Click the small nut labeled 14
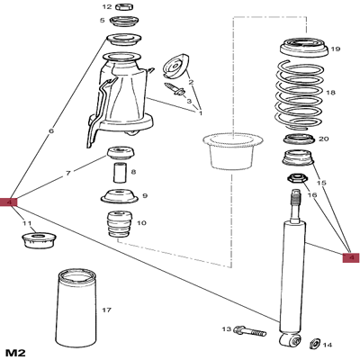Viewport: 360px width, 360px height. coord(315,343)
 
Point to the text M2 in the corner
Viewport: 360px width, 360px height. coord(13,350)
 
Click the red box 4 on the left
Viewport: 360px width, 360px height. coord(10,202)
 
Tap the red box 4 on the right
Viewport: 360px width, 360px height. coord(352,257)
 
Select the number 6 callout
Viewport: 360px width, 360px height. coord(51,131)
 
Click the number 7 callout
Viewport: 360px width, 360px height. coord(67,172)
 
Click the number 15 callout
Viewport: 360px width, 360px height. coord(322,183)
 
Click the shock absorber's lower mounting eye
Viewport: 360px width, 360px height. coord(289,340)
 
